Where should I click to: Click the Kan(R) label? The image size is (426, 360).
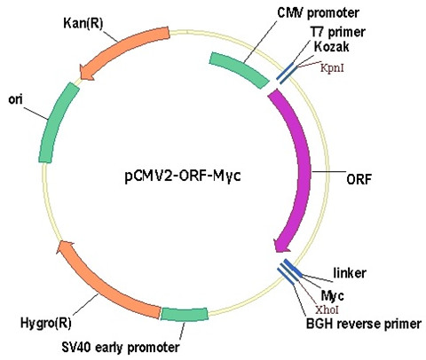(83, 24)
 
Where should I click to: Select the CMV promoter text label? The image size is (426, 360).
(319, 12)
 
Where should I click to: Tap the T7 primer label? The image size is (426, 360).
(337, 32)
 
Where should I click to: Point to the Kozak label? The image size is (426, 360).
(331, 47)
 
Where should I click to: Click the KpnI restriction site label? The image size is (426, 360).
(332, 68)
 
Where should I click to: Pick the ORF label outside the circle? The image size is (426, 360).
(359, 179)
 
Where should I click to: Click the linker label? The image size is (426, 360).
(350, 273)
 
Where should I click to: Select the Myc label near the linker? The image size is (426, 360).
(332, 295)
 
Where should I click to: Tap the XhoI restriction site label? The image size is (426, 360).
(327, 309)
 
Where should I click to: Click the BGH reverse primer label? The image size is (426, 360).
(364, 324)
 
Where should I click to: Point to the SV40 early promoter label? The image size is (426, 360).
(121, 348)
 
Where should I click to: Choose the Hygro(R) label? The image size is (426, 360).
(46, 323)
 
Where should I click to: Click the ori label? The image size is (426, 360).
(15, 99)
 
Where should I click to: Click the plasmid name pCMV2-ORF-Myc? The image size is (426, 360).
(183, 176)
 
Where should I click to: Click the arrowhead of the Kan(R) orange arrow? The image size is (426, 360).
(87, 73)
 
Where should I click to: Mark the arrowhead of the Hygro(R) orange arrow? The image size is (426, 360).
(65, 247)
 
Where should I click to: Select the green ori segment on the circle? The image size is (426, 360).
(58, 122)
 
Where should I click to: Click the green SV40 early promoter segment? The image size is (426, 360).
(184, 314)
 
